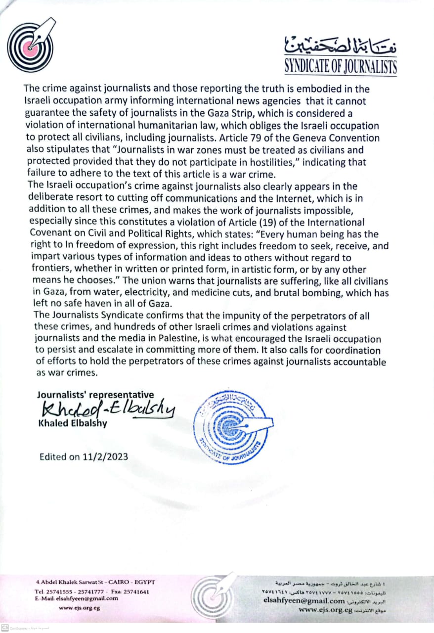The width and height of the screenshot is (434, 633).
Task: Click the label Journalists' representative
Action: tap(95, 395)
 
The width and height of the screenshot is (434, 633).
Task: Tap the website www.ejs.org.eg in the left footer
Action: tap(79, 608)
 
